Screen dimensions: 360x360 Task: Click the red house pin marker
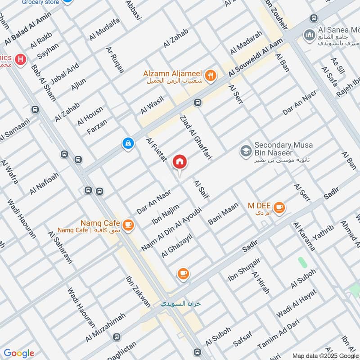180,162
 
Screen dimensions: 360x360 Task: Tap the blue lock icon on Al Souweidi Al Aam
128,144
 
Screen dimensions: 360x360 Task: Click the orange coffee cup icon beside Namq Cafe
128,224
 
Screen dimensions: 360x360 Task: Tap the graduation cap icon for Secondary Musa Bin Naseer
246,150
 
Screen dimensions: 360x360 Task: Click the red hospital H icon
20,59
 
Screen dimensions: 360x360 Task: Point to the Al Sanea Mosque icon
309,35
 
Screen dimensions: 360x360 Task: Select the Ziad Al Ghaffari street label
195,137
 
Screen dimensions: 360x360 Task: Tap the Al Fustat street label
157,149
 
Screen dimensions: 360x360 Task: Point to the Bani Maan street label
223,214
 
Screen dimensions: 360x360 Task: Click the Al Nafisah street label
45,184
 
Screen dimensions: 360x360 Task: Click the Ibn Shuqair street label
244,270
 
